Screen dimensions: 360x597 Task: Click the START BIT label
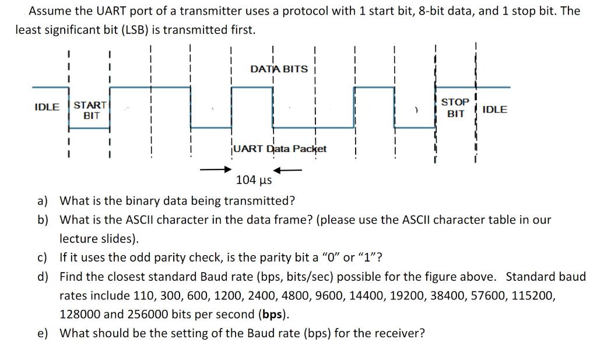(x=90, y=110)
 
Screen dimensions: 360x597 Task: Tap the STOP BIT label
(x=455, y=108)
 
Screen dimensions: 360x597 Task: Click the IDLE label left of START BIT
(x=47, y=107)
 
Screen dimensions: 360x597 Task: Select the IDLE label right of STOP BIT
(x=495, y=110)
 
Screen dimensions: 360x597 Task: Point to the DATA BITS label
(x=279, y=69)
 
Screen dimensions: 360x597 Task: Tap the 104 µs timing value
(x=254, y=179)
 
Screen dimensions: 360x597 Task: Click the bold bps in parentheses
(x=273, y=315)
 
